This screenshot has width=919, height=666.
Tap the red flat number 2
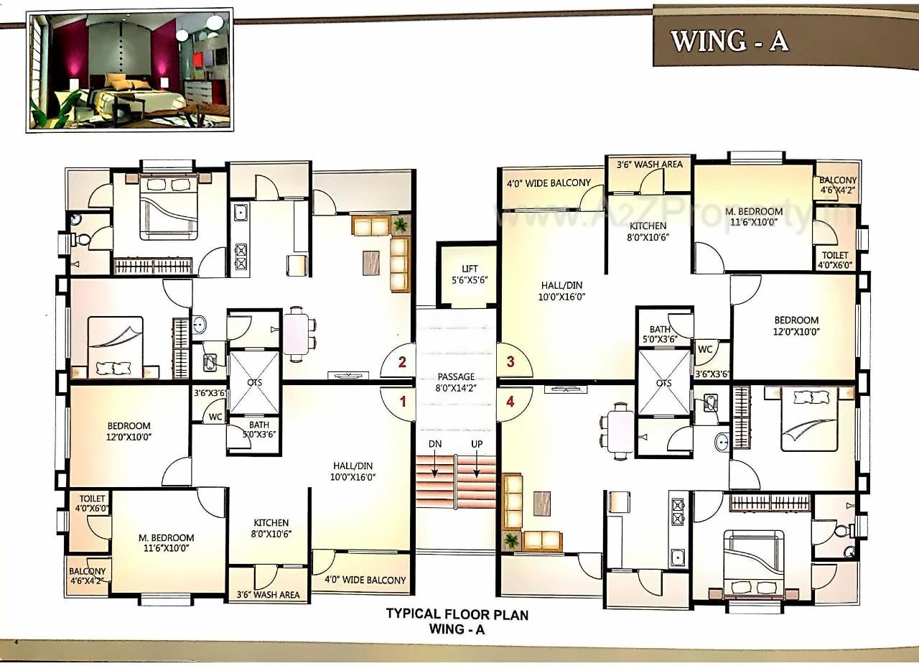(x=402, y=362)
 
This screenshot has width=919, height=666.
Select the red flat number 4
(x=510, y=402)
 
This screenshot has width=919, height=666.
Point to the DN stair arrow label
(x=435, y=444)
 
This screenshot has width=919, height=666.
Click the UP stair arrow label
(x=477, y=444)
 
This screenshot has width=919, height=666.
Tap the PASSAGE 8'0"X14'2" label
(x=456, y=381)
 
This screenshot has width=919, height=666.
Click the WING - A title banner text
(x=729, y=41)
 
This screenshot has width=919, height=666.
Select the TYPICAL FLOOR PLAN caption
(x=457, y=615)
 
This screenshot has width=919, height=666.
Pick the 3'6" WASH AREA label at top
(x=649, y=165)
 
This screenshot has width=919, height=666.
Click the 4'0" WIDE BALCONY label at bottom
(x=365, y=580)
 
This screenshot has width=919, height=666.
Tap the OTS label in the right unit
(x=663, y=383)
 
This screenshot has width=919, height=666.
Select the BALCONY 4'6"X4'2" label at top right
(x=838, y=185)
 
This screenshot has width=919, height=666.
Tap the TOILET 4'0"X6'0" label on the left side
(x=93, y=503)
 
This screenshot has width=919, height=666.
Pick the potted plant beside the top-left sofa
(x=401, y=225)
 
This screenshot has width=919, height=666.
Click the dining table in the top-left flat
(x=296, y=331)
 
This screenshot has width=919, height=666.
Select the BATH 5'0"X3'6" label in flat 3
(x=660, y=335)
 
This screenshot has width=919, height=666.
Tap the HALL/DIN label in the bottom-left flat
(x=353, y=471)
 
